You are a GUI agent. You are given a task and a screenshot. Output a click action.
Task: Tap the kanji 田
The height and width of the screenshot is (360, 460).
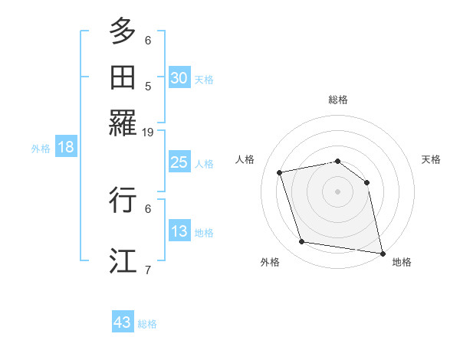123,77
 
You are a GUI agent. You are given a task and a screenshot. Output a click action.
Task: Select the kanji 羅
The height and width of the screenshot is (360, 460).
123,123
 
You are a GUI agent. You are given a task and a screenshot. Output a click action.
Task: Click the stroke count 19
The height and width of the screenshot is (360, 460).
148,132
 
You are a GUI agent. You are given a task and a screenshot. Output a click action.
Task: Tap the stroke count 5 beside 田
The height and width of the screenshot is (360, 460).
148,87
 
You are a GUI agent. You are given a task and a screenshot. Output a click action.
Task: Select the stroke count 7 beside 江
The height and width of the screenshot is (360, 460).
148,269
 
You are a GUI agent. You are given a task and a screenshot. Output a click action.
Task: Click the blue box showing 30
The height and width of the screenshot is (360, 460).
179,78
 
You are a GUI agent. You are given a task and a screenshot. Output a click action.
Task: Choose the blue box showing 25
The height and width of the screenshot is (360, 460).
179,162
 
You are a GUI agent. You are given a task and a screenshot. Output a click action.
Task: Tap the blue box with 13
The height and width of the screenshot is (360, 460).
179,231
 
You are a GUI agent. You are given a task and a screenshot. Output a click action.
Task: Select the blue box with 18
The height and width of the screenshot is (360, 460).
66,148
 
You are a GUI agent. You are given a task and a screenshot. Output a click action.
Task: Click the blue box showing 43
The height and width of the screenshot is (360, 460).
123,322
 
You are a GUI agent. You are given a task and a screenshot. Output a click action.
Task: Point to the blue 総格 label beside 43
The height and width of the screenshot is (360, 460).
147,324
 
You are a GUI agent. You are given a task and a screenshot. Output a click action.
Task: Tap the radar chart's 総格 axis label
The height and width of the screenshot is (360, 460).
338,100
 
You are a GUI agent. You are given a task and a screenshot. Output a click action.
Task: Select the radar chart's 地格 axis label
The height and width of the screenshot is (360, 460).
402,262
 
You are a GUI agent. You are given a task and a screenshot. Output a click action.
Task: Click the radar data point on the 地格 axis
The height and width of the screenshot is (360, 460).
381,252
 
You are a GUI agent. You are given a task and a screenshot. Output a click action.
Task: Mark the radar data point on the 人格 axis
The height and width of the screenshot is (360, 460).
280,173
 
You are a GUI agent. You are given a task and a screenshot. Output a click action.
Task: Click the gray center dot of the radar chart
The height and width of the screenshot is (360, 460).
338,191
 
